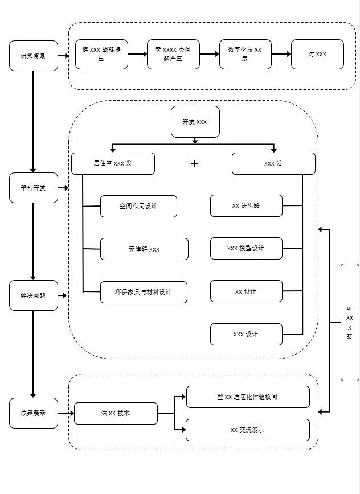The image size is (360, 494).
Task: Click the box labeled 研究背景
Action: coord(34,56)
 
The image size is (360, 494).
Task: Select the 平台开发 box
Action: coord(34,188)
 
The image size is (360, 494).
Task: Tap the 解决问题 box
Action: coord(34,295)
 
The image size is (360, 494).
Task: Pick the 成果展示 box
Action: coord(34,413)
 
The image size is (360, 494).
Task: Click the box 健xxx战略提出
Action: coord(101,55)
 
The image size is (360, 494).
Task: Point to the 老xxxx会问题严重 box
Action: coord(173,55)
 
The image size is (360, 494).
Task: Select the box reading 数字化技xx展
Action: coord(245,55)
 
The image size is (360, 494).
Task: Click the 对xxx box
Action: coord(317,55)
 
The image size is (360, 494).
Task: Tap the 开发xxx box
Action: coord(195,122)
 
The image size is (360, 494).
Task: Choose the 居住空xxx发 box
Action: coord(113,163)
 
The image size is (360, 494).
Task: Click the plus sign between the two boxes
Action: coord(194,164)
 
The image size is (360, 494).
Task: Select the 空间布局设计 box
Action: coord(138,207)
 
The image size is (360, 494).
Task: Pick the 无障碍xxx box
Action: coord(144,249)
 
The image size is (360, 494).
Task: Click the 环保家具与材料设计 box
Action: coord(143,292)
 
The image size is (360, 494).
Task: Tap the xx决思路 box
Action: coord(246,206)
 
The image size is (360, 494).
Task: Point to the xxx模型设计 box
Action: coord(246,249)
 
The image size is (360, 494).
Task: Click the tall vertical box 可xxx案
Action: coord(349,322)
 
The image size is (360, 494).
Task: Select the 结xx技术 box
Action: coord(116,413)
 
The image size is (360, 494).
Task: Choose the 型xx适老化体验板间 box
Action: coord(248,397)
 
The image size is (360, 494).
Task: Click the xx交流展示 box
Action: coord(248,430)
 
